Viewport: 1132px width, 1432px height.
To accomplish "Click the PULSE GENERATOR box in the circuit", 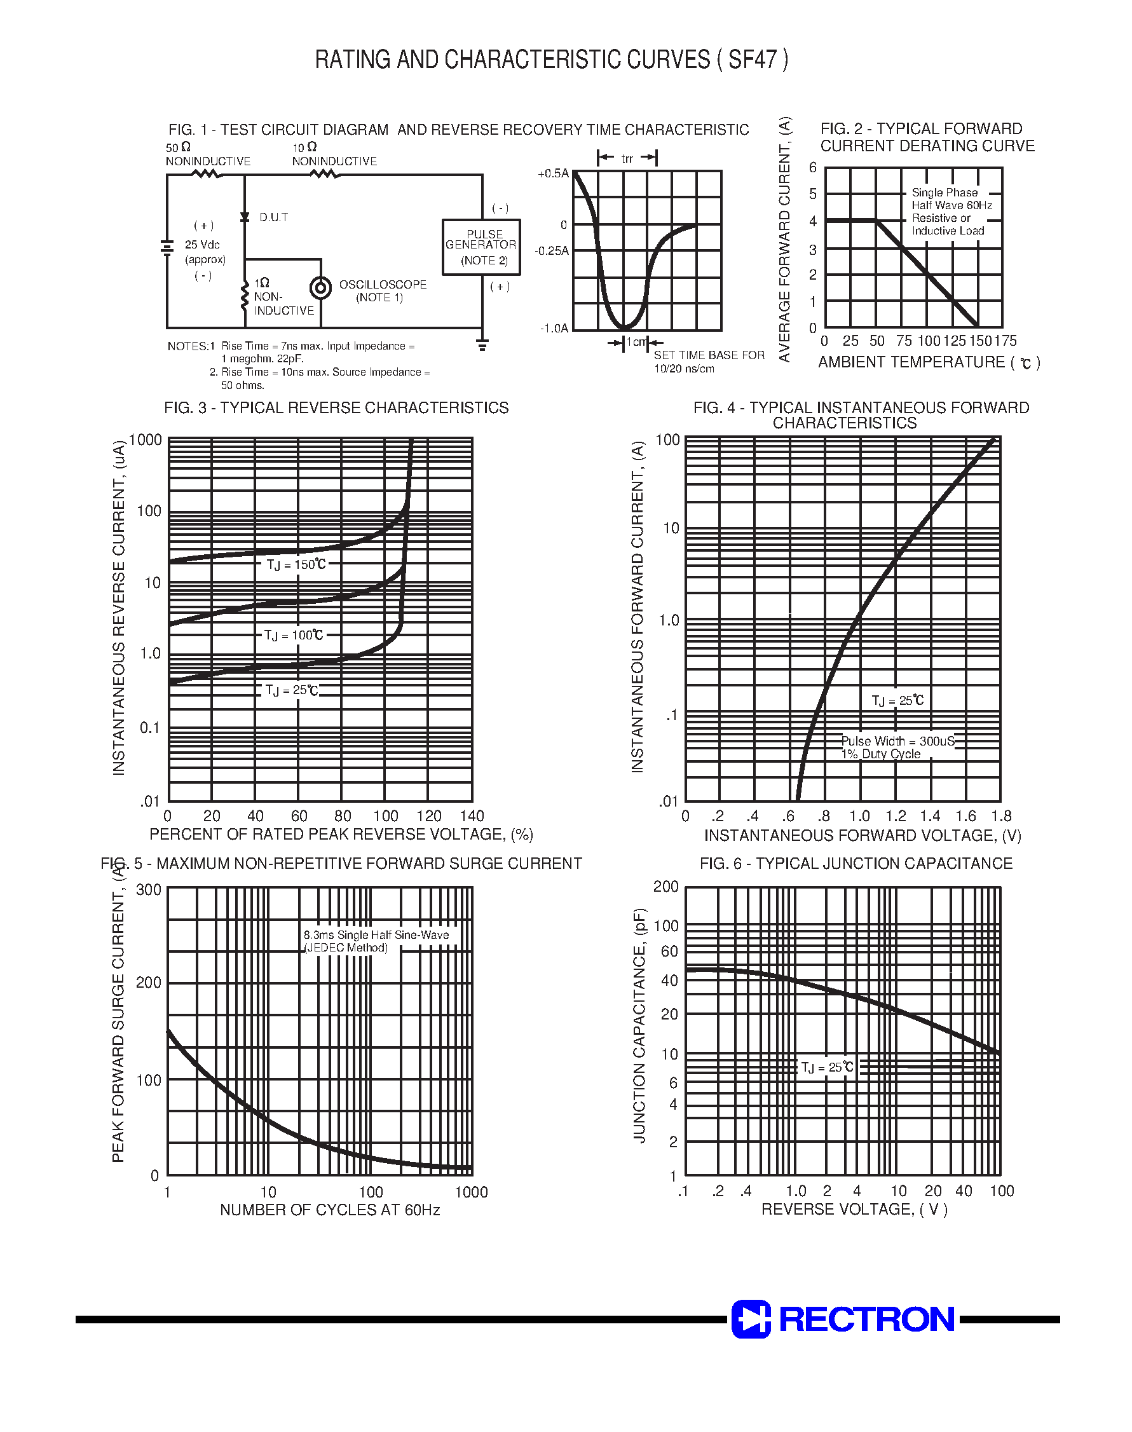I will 481,247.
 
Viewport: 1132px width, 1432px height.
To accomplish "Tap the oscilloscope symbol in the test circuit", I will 321,287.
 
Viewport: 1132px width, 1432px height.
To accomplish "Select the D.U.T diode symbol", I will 245,217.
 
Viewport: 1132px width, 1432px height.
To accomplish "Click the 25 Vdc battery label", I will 203,245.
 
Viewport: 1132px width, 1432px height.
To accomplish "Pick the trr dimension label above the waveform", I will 627,158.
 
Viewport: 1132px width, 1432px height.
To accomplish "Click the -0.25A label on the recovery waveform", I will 552,251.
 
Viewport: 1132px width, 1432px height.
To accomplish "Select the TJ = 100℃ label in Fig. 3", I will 294,635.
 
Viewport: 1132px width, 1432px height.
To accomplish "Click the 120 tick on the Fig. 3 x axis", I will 429,815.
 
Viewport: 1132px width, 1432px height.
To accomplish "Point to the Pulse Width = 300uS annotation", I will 898,741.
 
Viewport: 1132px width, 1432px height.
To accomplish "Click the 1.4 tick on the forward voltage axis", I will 930,815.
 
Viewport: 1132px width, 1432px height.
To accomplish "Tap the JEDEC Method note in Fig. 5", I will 346,948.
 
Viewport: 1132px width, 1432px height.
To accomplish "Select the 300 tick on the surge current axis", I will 149,889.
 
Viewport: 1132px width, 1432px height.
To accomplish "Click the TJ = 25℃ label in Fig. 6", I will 827,1067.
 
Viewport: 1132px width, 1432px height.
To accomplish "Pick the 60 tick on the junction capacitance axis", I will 669,951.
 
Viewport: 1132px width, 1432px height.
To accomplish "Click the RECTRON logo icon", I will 751,1319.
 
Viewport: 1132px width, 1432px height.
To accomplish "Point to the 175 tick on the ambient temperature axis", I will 1006,341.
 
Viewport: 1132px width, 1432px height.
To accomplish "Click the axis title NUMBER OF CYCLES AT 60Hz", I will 329,1210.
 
